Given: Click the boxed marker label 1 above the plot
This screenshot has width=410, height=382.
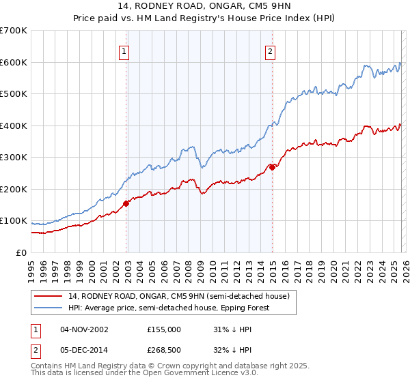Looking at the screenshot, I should (124, 50).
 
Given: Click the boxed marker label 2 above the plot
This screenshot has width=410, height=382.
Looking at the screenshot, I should (271, 50).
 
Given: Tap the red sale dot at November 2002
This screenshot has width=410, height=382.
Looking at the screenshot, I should (126, 203).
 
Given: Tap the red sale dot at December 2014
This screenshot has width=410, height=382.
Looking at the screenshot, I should (272, 167).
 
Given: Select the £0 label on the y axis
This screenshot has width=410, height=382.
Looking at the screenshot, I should (20, 252).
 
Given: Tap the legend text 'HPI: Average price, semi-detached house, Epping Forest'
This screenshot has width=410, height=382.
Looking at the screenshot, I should (169, 308).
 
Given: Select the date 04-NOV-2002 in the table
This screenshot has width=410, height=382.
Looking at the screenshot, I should (84, 329).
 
